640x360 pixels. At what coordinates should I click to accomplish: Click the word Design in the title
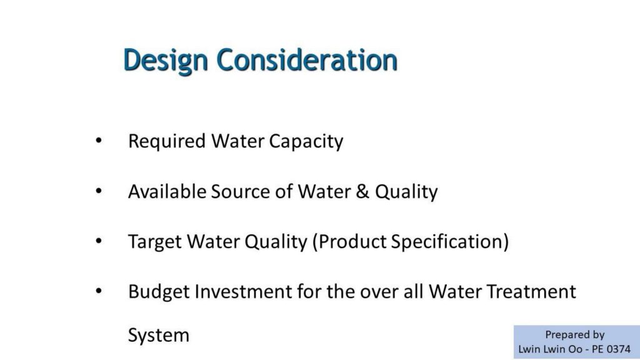(165, 61)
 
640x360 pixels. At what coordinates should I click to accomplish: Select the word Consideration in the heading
(307, 59)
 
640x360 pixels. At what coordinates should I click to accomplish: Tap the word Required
(166, 142)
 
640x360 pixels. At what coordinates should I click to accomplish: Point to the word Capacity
(306, 142)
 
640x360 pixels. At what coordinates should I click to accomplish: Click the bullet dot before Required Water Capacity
(98, 141)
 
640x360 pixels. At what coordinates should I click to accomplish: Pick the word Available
(167, 191)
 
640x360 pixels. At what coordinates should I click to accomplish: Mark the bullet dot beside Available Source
(98, 191)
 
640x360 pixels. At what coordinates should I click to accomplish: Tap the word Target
(155, 242)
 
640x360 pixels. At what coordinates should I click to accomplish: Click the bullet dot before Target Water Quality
(98, 241)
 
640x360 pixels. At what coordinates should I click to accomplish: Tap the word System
(159, 336)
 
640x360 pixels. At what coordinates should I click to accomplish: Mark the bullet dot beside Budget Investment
(98, 291)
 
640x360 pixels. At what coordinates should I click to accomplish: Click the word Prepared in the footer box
(563, 335)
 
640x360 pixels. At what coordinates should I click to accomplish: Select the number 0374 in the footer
(619, 349)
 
